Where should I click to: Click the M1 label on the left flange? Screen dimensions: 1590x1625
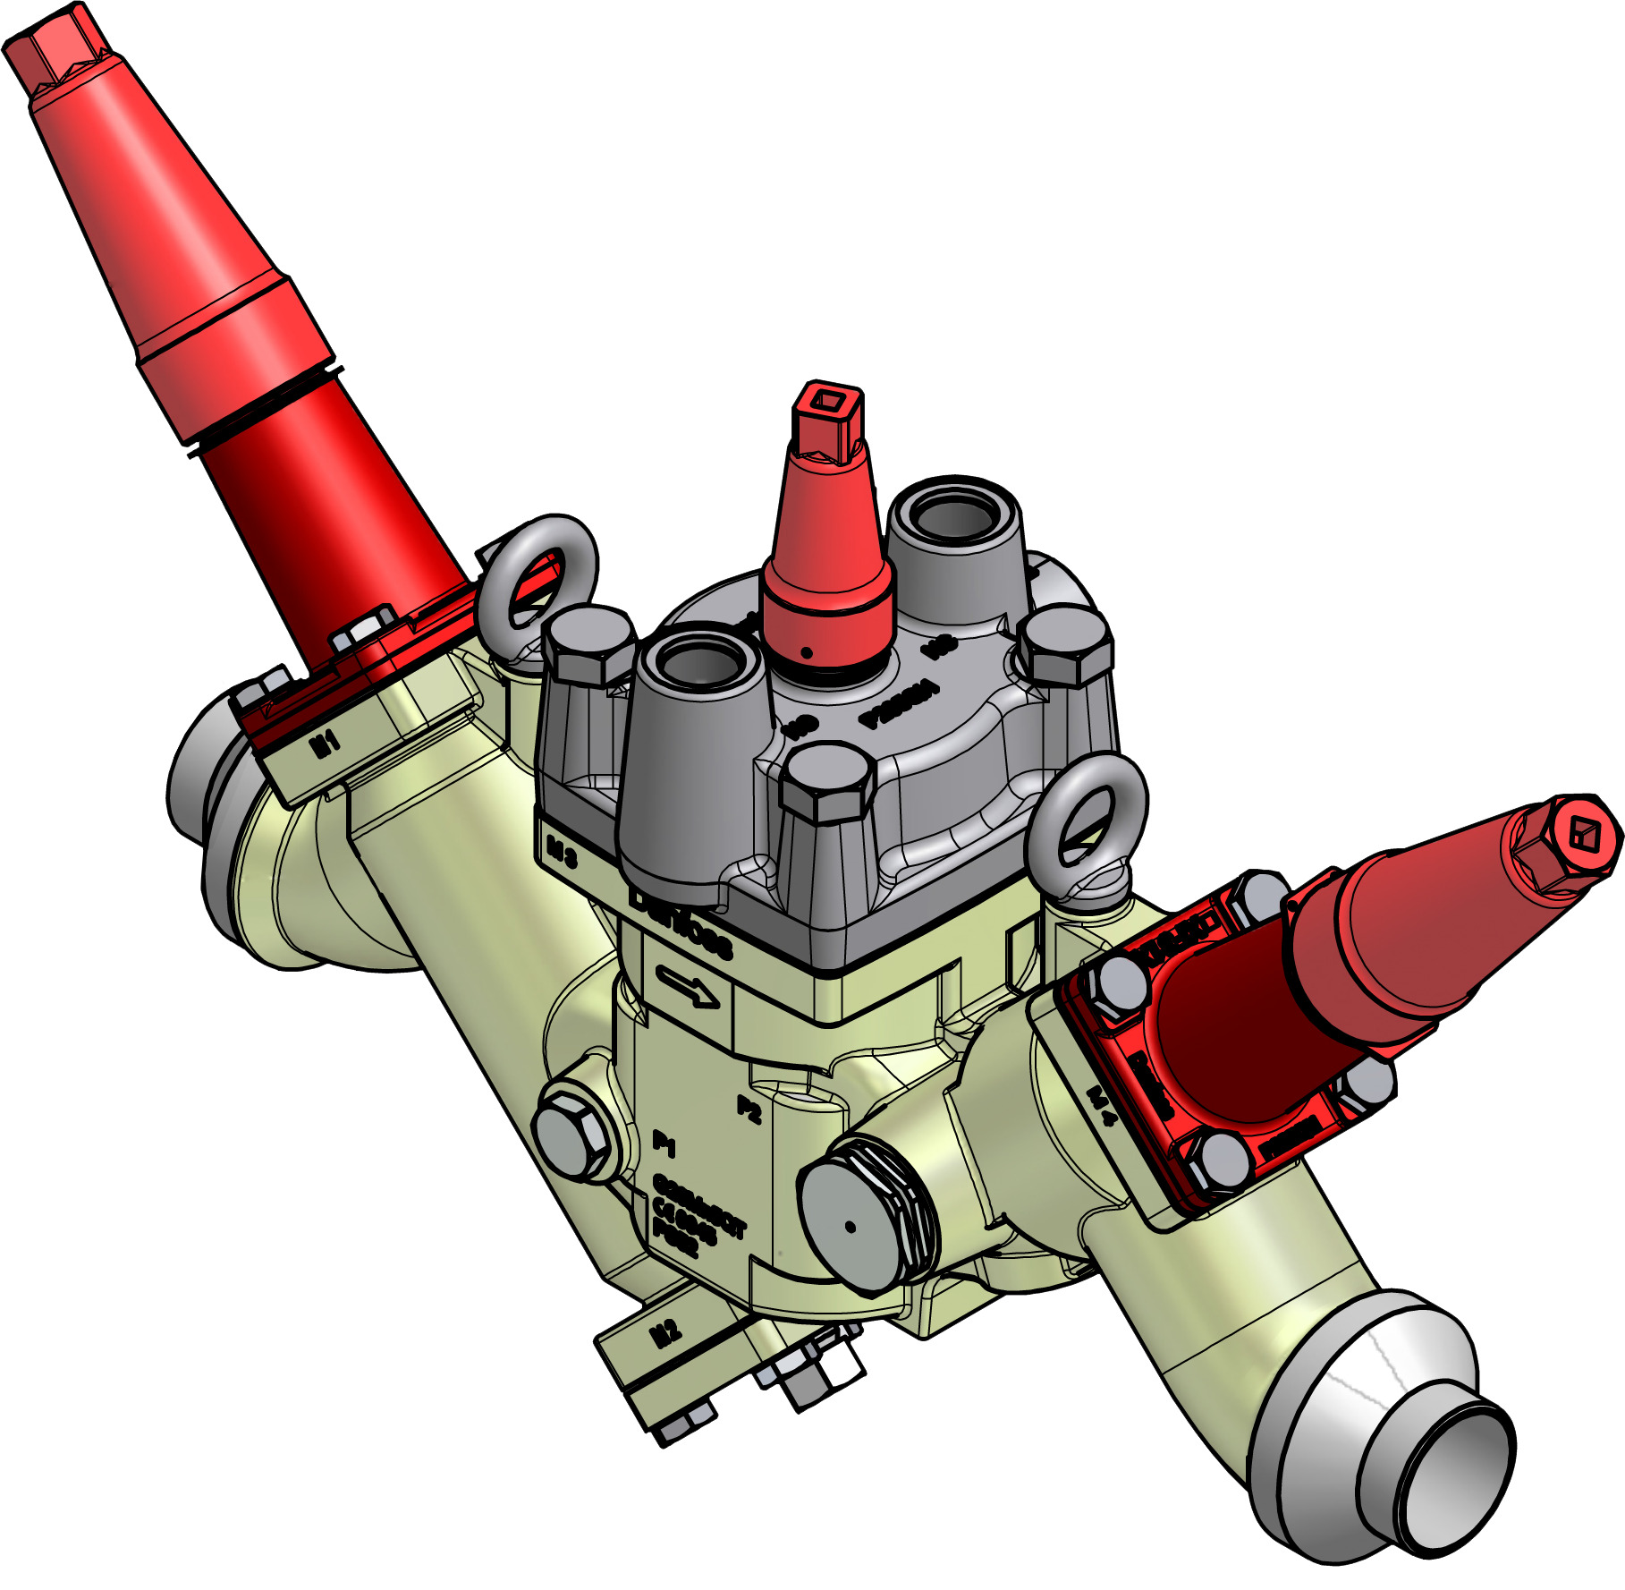pyautogui.click(x=326, y=742)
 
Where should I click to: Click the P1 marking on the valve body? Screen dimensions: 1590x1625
pyautogui.click(x=664, y=1143)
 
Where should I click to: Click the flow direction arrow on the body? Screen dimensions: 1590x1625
pyautogui.click(x=687, y=987)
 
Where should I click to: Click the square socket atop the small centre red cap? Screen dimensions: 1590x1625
pyautogui.click(x=829, y=400)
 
